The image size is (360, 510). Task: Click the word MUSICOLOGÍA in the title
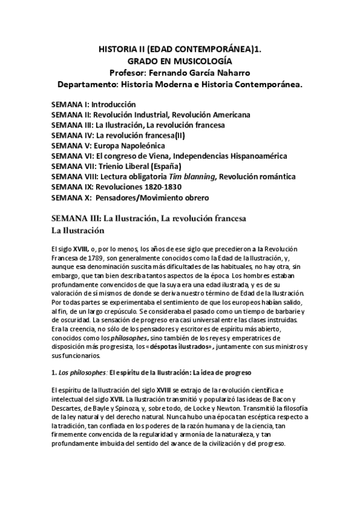pos(207,61)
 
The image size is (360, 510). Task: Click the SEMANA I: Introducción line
pos(93,104)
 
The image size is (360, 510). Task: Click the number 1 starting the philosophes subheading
pos(53,373)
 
